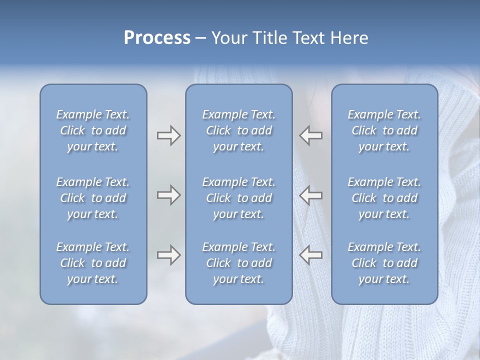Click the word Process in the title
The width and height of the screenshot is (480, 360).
[157, 38]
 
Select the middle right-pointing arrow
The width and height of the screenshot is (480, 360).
[168, 195]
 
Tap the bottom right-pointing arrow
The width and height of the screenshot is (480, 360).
[168, 255]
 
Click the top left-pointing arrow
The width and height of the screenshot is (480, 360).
[311, 135]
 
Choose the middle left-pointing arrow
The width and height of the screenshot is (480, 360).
[311, 195]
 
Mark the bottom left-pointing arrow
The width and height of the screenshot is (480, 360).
[311, 254]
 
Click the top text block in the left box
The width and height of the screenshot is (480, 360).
[93, 130]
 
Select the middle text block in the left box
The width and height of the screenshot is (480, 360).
[93, 198]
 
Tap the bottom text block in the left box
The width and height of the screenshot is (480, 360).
[93, 263]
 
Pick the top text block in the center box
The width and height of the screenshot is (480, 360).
[239, 130]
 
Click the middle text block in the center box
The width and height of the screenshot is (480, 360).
[239, 198]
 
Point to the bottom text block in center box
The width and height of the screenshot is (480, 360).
[239, 263]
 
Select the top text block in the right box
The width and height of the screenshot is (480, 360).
[384, 130]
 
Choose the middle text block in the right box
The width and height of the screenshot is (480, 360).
[384, 198]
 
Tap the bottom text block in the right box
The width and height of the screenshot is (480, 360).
[384, 263]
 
